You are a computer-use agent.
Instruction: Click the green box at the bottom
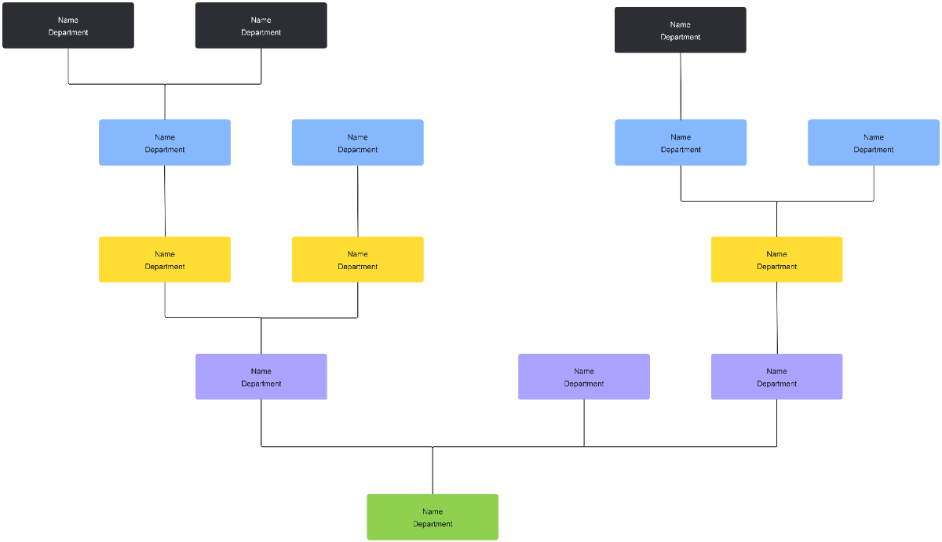pos(433,517)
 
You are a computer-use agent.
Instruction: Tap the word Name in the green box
pos(433,511)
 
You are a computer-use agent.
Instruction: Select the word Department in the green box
pos(433,524)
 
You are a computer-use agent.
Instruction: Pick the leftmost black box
pos(68,25)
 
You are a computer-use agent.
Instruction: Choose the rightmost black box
pos(681,30)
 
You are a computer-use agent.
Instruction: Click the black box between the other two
pos(261,25)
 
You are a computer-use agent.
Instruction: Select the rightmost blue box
pos(874,143)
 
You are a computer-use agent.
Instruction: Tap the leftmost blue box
pos(165,143)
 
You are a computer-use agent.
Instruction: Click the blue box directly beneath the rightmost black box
pos(681,143)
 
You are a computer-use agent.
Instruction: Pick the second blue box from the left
pos(358,143)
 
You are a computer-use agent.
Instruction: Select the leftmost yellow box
pos(165,260)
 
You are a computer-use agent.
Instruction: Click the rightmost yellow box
pos(777,260)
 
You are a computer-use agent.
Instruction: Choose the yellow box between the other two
pos(358,260)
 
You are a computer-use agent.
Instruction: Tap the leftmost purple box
pos(261,376)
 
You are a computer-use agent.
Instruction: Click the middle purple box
pos(584,376)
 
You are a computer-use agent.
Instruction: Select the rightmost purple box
pos(777,376)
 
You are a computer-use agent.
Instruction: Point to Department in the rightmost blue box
pos(874,150)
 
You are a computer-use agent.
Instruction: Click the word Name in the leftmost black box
pos(68,20)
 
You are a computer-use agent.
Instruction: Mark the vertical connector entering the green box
pos(433,471)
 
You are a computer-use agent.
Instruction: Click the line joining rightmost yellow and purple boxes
pos(777,318)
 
